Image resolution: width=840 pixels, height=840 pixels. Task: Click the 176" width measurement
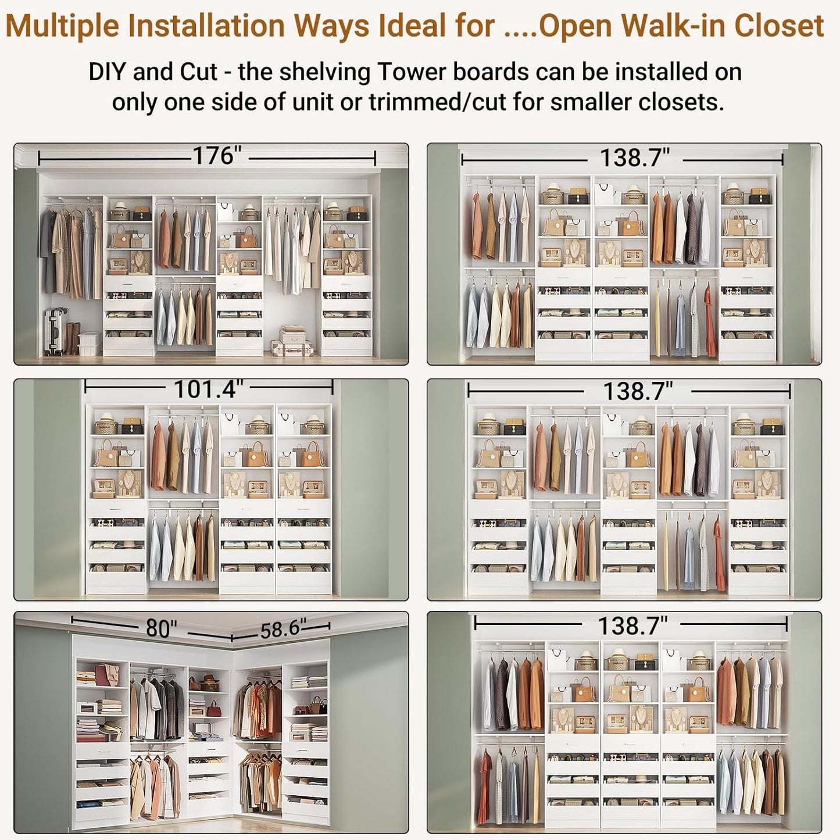pos(216,156)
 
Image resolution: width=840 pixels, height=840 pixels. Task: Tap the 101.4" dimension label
pos(208,389)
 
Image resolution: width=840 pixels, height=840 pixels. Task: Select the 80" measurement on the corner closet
pos(161,628)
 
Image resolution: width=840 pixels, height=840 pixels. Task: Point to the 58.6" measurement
pos(282,629)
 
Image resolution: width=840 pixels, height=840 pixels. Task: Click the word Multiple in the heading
pos(62,26)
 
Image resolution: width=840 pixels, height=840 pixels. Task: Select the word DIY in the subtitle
pos(108,72)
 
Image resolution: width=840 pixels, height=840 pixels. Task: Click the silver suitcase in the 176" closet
pos(55,331)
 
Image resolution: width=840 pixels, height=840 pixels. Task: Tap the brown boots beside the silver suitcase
pos(73,338)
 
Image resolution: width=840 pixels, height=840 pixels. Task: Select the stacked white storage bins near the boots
pos(90,343)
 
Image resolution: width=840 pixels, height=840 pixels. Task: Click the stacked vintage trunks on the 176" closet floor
pos(292,342)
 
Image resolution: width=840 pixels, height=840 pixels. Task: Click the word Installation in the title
pos(206,26)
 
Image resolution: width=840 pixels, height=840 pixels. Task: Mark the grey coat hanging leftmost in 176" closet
pos(48,250)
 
